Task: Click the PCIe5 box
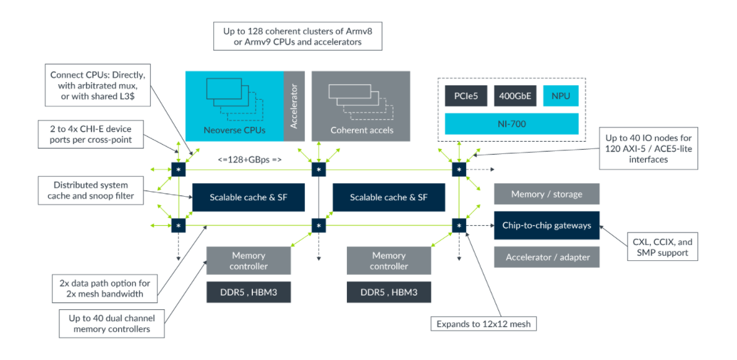point(466,96)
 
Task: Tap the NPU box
point(561,96)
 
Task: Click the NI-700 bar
point(511,124)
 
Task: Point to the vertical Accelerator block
point(294,106)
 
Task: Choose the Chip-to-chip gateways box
point(547,226)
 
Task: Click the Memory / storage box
point(547,194)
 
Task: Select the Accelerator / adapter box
point(547,257)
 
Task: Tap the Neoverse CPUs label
point(235,130)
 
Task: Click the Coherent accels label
point(362,130)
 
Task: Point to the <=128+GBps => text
point(250,160)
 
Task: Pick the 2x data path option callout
point(105,289)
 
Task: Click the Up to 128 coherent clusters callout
point(297,36)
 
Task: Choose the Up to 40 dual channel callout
point(112,324)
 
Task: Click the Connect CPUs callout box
point(98,85)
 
